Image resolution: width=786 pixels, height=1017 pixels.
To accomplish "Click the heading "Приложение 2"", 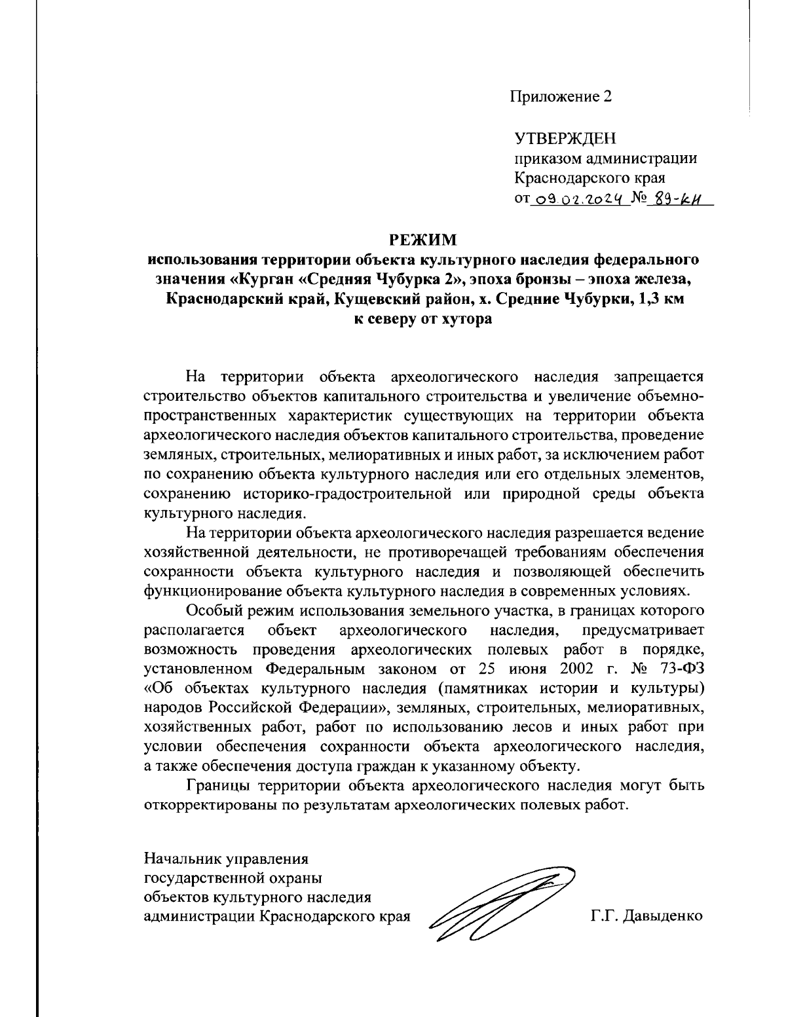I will (x=562, y=98).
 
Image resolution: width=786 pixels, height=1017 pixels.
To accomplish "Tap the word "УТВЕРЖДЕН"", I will (x=565, y=139).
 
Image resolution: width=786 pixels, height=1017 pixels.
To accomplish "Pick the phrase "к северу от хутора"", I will (x=422, y=320).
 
